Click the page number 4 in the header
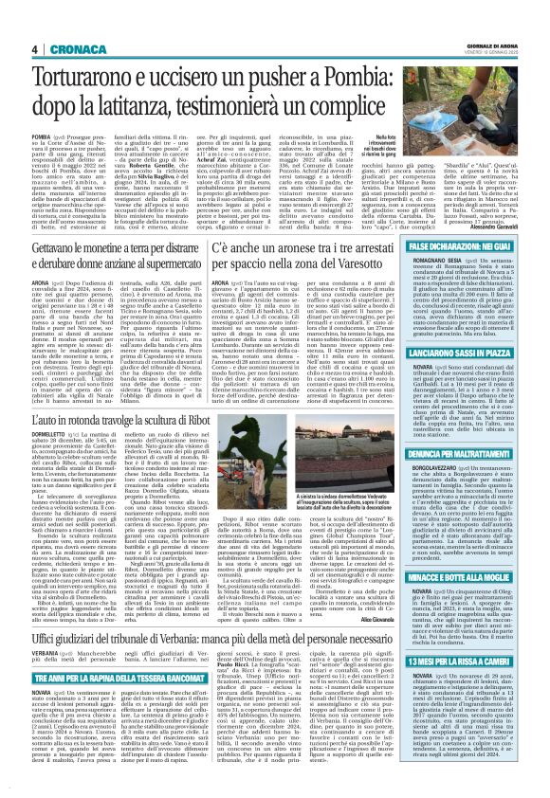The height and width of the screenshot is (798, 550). pos(34,48)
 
